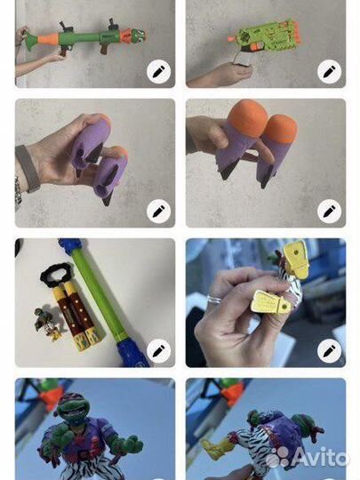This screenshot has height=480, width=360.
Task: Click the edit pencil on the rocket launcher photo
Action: (x=158, y=72)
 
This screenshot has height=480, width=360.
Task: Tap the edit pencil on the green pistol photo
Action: (x=330, y=72)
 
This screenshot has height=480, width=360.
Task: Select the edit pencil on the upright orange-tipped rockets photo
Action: (x=330, y=212)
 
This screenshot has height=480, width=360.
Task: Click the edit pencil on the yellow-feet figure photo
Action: (x=330, y=351)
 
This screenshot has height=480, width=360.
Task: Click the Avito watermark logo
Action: (x=308, y=458)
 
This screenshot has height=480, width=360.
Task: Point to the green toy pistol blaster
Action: (x=265, y=38)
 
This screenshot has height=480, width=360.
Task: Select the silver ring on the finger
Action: (x=213, y=299)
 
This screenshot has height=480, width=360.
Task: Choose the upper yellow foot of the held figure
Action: (x=295, y=259)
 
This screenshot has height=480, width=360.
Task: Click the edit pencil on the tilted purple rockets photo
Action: (x=158, y=212)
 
